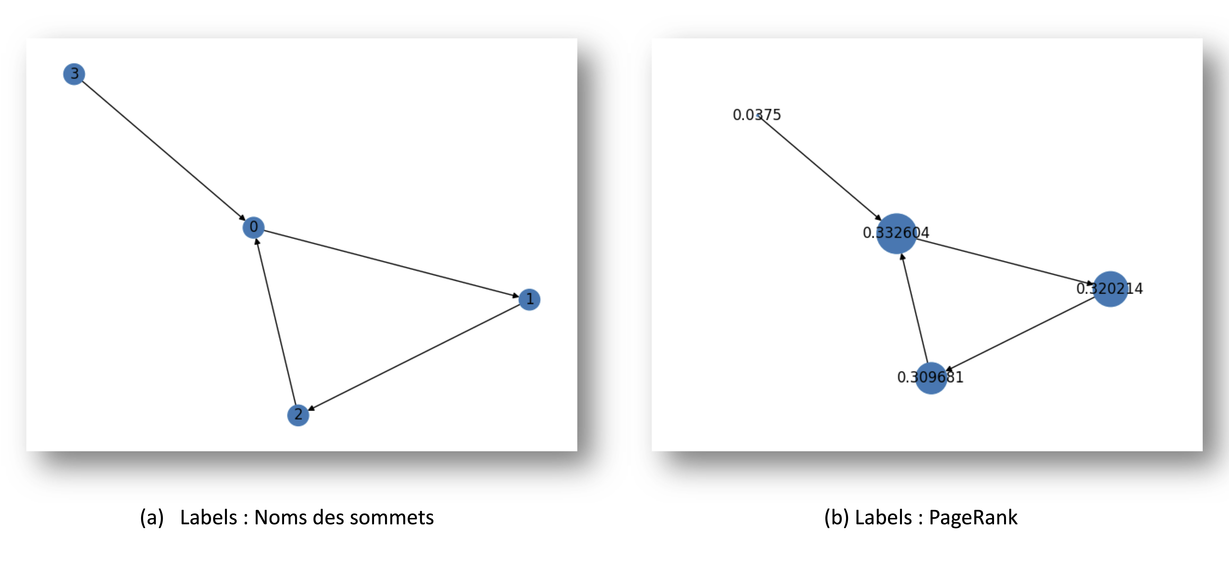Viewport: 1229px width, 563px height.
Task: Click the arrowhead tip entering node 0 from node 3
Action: point(245,220)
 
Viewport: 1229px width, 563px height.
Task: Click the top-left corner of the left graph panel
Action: point(26,39)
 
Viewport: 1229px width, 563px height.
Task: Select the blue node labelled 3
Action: point(74,74)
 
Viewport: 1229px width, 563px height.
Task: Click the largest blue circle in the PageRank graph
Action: point(896,234)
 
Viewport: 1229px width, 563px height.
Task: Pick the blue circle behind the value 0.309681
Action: point(931,378)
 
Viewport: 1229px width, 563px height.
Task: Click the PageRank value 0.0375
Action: point(757,115)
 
